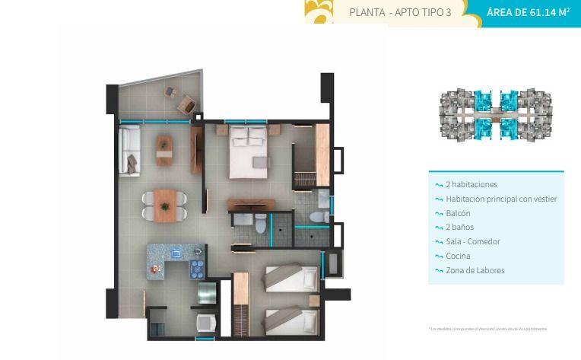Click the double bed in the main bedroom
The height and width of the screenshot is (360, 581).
pyautogui.click(x=249, y=151)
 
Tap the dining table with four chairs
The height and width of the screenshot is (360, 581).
pyautogui.click(x=164, y=205)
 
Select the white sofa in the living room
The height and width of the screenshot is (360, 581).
pyautogui.click(x=129, y=150)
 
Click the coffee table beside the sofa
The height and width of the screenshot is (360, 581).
pyautogui.click(x=164, y=149)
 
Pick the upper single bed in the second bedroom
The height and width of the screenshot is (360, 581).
pyautogui.click(x=291, y=276)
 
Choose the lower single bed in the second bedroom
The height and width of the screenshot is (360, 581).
pyautogui.click(x=290, y=319)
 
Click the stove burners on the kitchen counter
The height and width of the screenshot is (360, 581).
pyautogui.click(x=196, y=268)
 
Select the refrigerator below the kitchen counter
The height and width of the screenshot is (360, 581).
pyautogui.click(x=207, y=292)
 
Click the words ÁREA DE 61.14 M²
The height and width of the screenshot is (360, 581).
pyautogui.click(x=529, y=12)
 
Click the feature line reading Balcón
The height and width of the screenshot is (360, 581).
pyautogui.click(x=459, y=213)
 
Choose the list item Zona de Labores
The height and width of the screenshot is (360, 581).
pyautogui.click(x=475, y=270)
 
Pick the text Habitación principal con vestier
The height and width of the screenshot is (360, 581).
pyautogui.click(x=501, y=199)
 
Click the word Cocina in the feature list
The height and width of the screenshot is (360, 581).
pyautogui.click(x=458, y=256)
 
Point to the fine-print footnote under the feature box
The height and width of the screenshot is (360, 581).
pyautogui.click(x=488, y=329)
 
